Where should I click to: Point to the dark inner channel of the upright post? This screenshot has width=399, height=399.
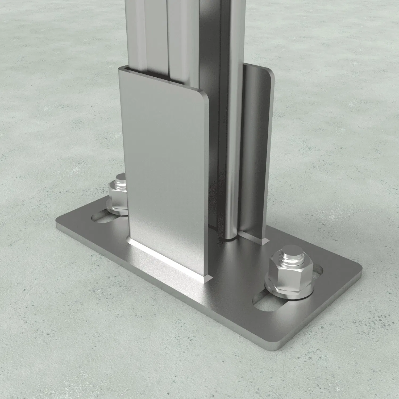(210, 40)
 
